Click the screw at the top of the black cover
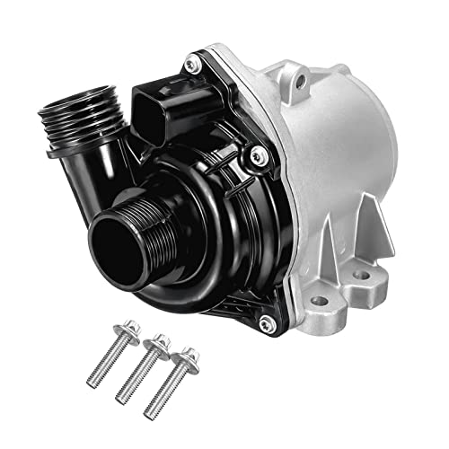point(190,65)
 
